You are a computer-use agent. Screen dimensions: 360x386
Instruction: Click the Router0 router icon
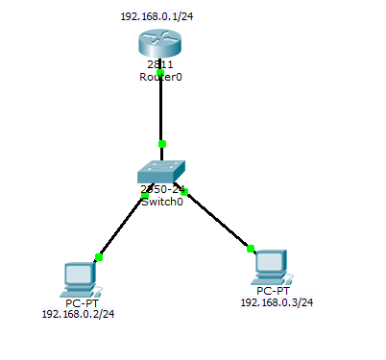[158, 42]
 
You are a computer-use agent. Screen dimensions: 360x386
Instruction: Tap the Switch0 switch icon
[159, 172]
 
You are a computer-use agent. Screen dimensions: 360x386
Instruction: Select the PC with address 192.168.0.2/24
[77, 276]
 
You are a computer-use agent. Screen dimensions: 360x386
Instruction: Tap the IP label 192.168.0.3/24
[276, 302]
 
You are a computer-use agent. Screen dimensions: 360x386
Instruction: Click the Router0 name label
[160, 77]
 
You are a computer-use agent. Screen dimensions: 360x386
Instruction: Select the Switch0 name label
[161, 202]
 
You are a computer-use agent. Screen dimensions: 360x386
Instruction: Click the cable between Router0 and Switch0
[161, 110]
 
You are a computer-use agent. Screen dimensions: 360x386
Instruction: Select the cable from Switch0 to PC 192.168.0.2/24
[121, 227]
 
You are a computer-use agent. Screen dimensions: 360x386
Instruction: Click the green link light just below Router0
[161, 73]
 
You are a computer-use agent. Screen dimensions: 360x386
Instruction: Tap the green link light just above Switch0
[162, 144]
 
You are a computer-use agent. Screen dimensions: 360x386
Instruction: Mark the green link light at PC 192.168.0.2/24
[98, 257]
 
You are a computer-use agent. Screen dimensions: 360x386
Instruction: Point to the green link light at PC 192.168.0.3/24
[251, 249]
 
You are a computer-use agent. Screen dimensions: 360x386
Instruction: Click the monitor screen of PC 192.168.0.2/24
[76, 272]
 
